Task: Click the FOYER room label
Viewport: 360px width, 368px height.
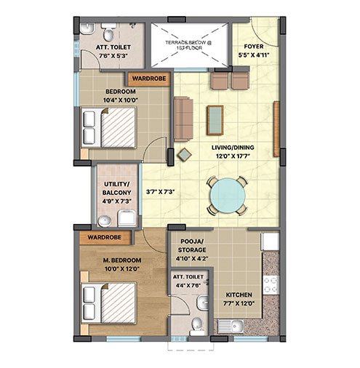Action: click(x=254, y=47)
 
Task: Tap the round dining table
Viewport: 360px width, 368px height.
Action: click(x=228, y=196)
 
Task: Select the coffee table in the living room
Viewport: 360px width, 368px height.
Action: click(x=215, y=120)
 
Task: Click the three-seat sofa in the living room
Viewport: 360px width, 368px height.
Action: click(x=183, y=119)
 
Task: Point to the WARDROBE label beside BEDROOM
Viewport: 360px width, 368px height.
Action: click(x=149, y=79)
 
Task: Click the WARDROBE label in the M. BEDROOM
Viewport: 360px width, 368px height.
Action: click(x=104, y=237)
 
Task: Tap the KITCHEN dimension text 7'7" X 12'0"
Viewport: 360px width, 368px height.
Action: click(x=239, y=303)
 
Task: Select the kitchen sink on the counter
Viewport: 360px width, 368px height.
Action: click(x=231, y=326)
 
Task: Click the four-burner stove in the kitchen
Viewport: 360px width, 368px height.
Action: click(x=271, y=285)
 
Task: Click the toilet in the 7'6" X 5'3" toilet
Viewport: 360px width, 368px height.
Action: click(x=108, y=33)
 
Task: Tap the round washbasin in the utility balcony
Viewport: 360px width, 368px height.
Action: click(x=105, y=221)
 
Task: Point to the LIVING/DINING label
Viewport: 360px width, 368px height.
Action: click(x=233, y=148)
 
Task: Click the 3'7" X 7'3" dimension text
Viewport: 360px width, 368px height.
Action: click(x=160, y=192)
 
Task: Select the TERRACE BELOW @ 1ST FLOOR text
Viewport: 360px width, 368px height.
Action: click(x=188, y=45)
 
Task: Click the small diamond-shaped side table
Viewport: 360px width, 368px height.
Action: click(x=184, y=154)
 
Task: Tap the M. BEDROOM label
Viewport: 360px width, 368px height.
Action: click(x=122, y=260)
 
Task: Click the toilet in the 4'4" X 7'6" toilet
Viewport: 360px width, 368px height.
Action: click(x=196, y=326)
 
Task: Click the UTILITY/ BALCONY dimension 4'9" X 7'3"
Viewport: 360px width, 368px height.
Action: click(x=117, y=201)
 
